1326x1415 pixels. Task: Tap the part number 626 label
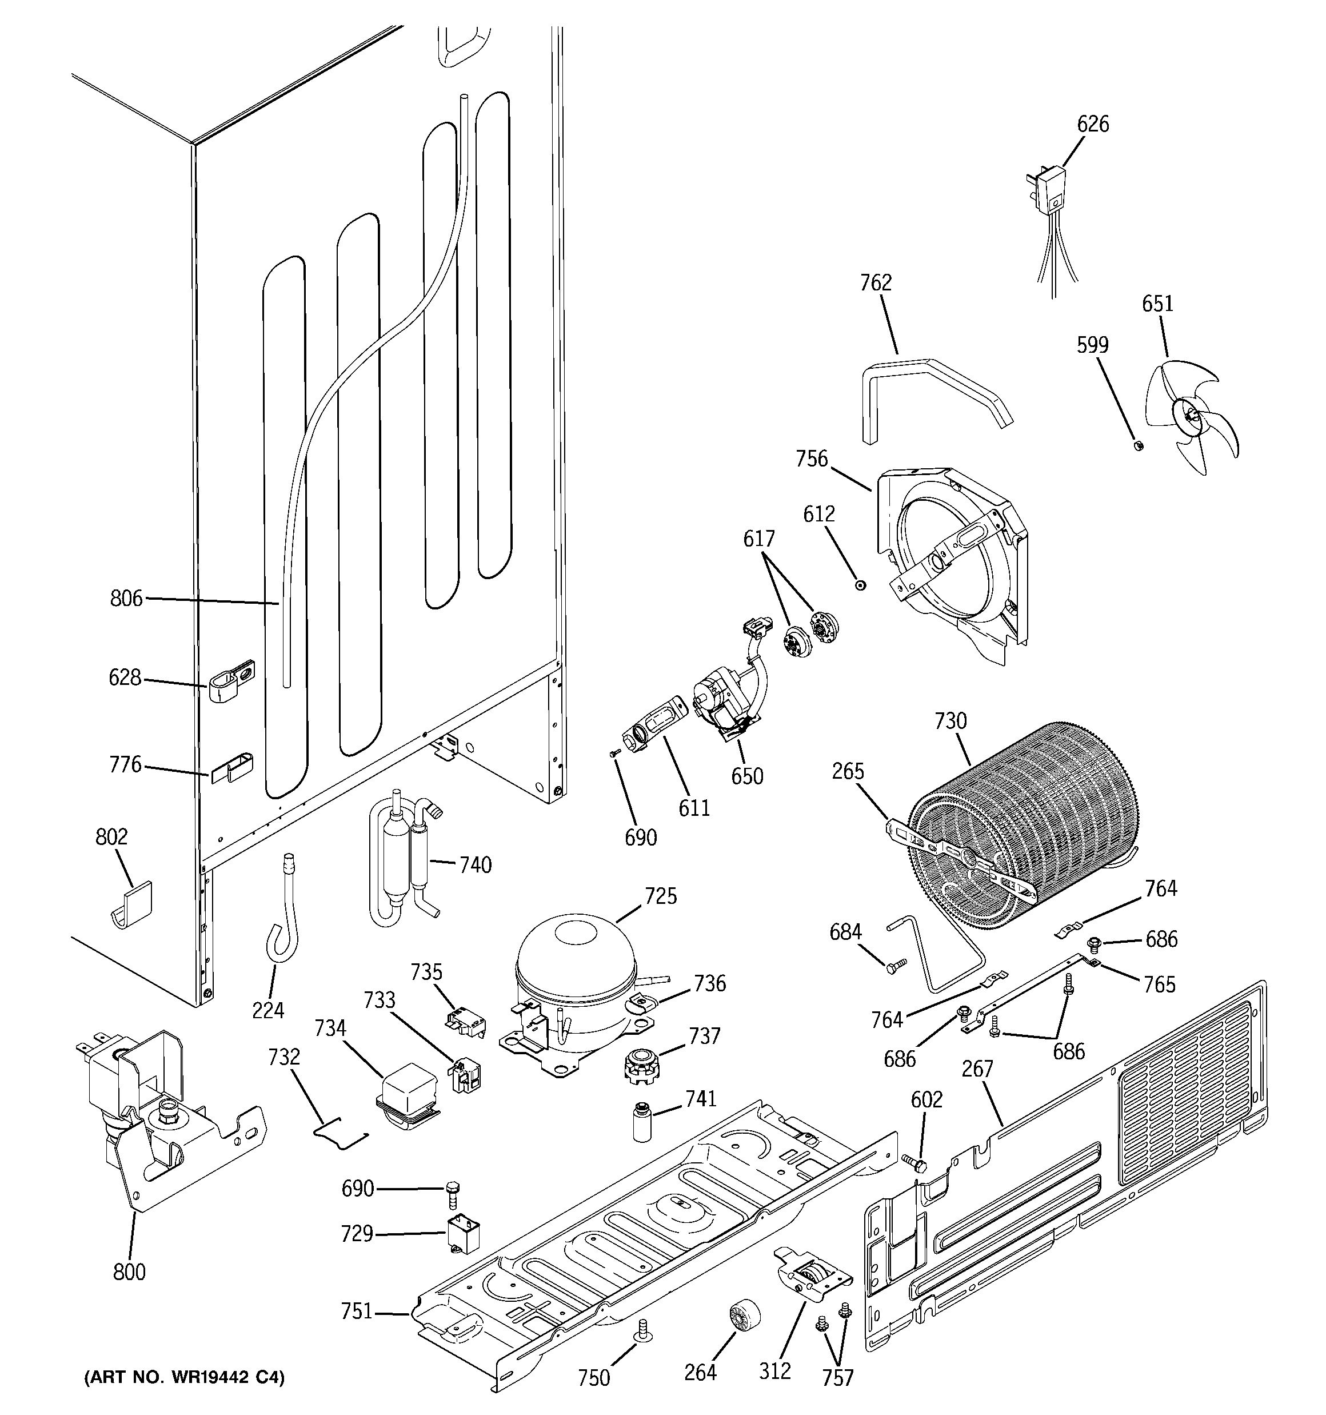point(1093,124)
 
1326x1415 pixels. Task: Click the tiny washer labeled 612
point(861,584)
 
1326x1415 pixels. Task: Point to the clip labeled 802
point(134,904)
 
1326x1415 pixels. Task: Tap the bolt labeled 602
point(914,1165)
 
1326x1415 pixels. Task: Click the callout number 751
point(356,1310)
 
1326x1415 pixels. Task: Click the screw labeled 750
point(645,1330)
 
